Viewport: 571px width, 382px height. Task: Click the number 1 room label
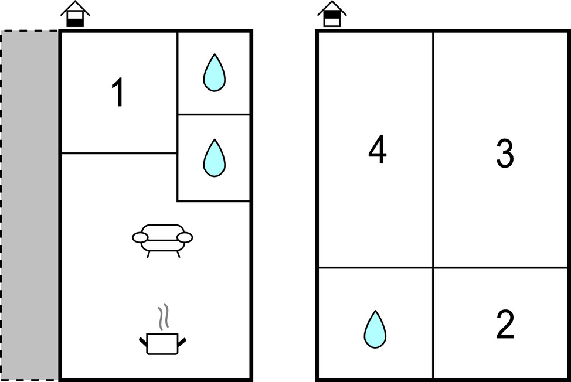tap(118, 92)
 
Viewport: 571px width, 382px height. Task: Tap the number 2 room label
tap(505, 324)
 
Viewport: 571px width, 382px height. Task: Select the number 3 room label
tap(505, 153)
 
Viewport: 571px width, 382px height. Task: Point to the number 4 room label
tap(378, 149)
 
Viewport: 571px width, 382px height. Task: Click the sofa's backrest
tap(162, 229)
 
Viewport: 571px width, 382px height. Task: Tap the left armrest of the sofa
tap(140, 237)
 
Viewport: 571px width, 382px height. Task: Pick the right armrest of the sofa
tap(185, 237)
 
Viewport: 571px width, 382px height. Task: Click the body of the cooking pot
tap(162, 344)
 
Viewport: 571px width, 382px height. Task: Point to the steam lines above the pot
tap(164, 317)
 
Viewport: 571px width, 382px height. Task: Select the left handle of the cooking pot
tap(143, 342)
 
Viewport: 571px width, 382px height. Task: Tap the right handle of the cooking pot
tap(182, 342)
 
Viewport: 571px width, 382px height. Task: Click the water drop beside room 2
tap(375, 330)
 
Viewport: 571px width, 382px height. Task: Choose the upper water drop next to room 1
tap(214, 73)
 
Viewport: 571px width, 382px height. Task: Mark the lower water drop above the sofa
tap(214, 158)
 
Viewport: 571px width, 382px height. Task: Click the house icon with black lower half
tap(76, 14)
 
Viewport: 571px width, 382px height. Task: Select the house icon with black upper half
tap(332, 14)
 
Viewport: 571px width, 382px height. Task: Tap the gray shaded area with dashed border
tap(30, 206)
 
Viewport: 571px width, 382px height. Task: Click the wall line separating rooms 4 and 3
tap(433, 149)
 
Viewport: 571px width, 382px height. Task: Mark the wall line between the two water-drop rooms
tap(214, 114)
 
